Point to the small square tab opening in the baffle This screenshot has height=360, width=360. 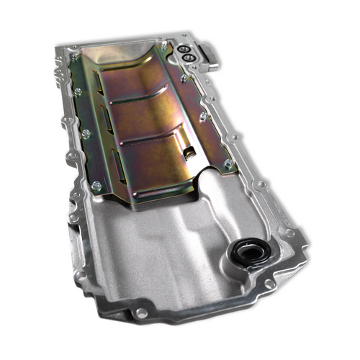188,153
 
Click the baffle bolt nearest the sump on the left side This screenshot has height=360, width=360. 96,185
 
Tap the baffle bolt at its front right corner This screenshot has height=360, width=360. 229,164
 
